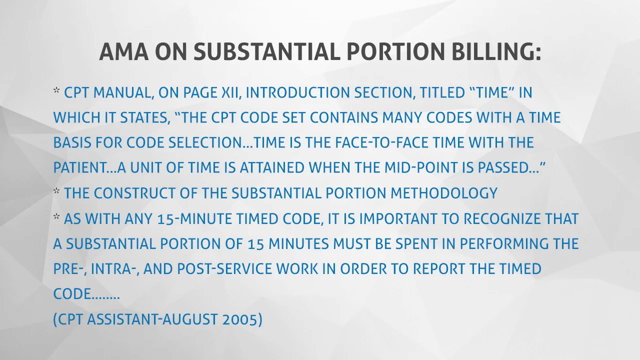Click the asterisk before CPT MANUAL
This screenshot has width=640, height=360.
point(57,91)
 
